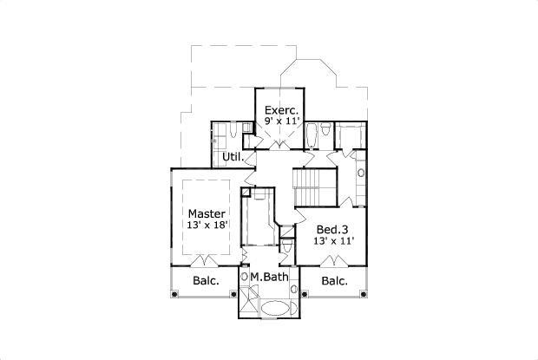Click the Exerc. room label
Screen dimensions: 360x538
coord(282,110)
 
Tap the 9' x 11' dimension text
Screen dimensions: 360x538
coord(282,122)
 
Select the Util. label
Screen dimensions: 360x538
coord(233,157)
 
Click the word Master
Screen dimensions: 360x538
coord(207,213)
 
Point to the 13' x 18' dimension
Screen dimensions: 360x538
coord(207,225)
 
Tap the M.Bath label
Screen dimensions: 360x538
coord(269,278)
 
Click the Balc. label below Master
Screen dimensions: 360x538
coord(205,281)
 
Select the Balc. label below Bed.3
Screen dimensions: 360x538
coord(334,281)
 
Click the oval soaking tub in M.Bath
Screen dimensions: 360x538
coord(276,308)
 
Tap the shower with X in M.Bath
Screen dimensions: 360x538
coord(247,303)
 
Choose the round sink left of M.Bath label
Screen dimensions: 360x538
coord(245,278)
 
